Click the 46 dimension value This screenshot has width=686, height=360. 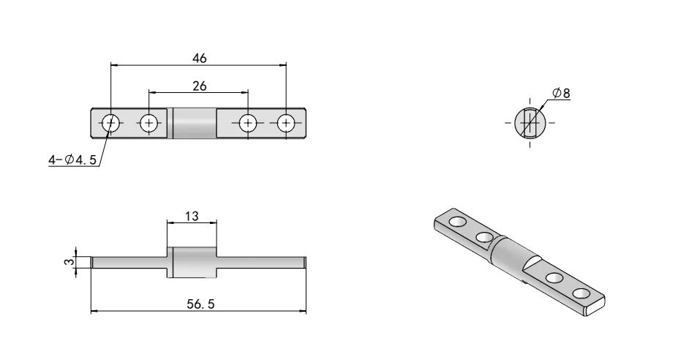coord(198,59)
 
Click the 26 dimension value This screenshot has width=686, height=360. coord(198,86)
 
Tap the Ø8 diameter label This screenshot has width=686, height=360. coord(562,93)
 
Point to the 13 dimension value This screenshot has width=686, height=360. coord(192,217)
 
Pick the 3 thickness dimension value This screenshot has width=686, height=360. coord(67,261)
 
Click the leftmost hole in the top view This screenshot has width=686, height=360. coord(111,123)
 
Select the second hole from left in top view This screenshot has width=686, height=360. coord(149,123)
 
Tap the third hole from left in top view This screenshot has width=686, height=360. coord(248,123)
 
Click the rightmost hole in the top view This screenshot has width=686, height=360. coord(286,123)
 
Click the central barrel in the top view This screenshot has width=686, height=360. coord(195,123)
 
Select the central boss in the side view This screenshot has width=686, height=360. coord(192,262)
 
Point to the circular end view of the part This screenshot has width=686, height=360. coord(530,122)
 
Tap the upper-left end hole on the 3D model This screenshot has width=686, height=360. coord(456,221)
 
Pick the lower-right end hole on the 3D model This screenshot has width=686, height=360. coord(581,293)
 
